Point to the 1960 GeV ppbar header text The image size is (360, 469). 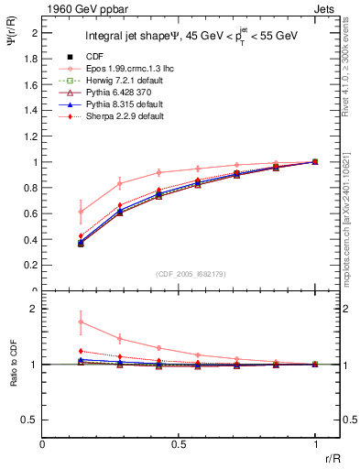(x=80, y=7)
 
